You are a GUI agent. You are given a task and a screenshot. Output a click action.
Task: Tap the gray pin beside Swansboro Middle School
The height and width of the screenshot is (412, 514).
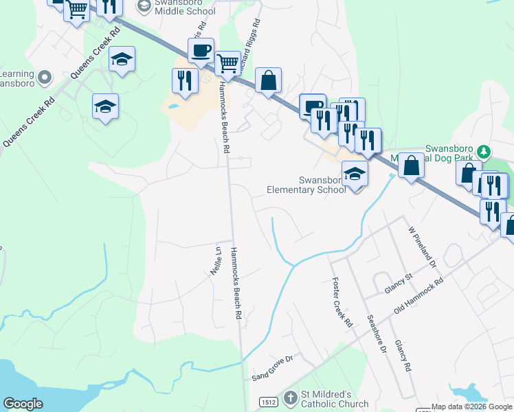(144, 6)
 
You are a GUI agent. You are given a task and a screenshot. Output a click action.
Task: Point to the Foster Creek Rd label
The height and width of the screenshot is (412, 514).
(342, 302)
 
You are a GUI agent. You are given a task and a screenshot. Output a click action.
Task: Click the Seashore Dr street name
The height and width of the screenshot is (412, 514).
(379, 334)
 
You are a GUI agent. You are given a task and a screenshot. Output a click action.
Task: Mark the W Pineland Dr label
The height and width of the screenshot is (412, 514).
(422, 247)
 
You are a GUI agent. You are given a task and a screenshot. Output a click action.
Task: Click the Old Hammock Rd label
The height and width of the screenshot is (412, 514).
(418, 298)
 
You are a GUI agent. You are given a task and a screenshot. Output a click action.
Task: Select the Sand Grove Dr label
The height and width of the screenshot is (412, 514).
(272, 376)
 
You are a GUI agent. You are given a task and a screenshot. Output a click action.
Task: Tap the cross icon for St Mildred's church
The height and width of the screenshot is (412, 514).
(291, 398)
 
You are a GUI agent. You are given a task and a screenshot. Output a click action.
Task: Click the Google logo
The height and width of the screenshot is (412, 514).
(23, 404)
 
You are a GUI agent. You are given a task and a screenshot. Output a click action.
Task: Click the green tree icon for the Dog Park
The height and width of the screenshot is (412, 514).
(484, 150)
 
